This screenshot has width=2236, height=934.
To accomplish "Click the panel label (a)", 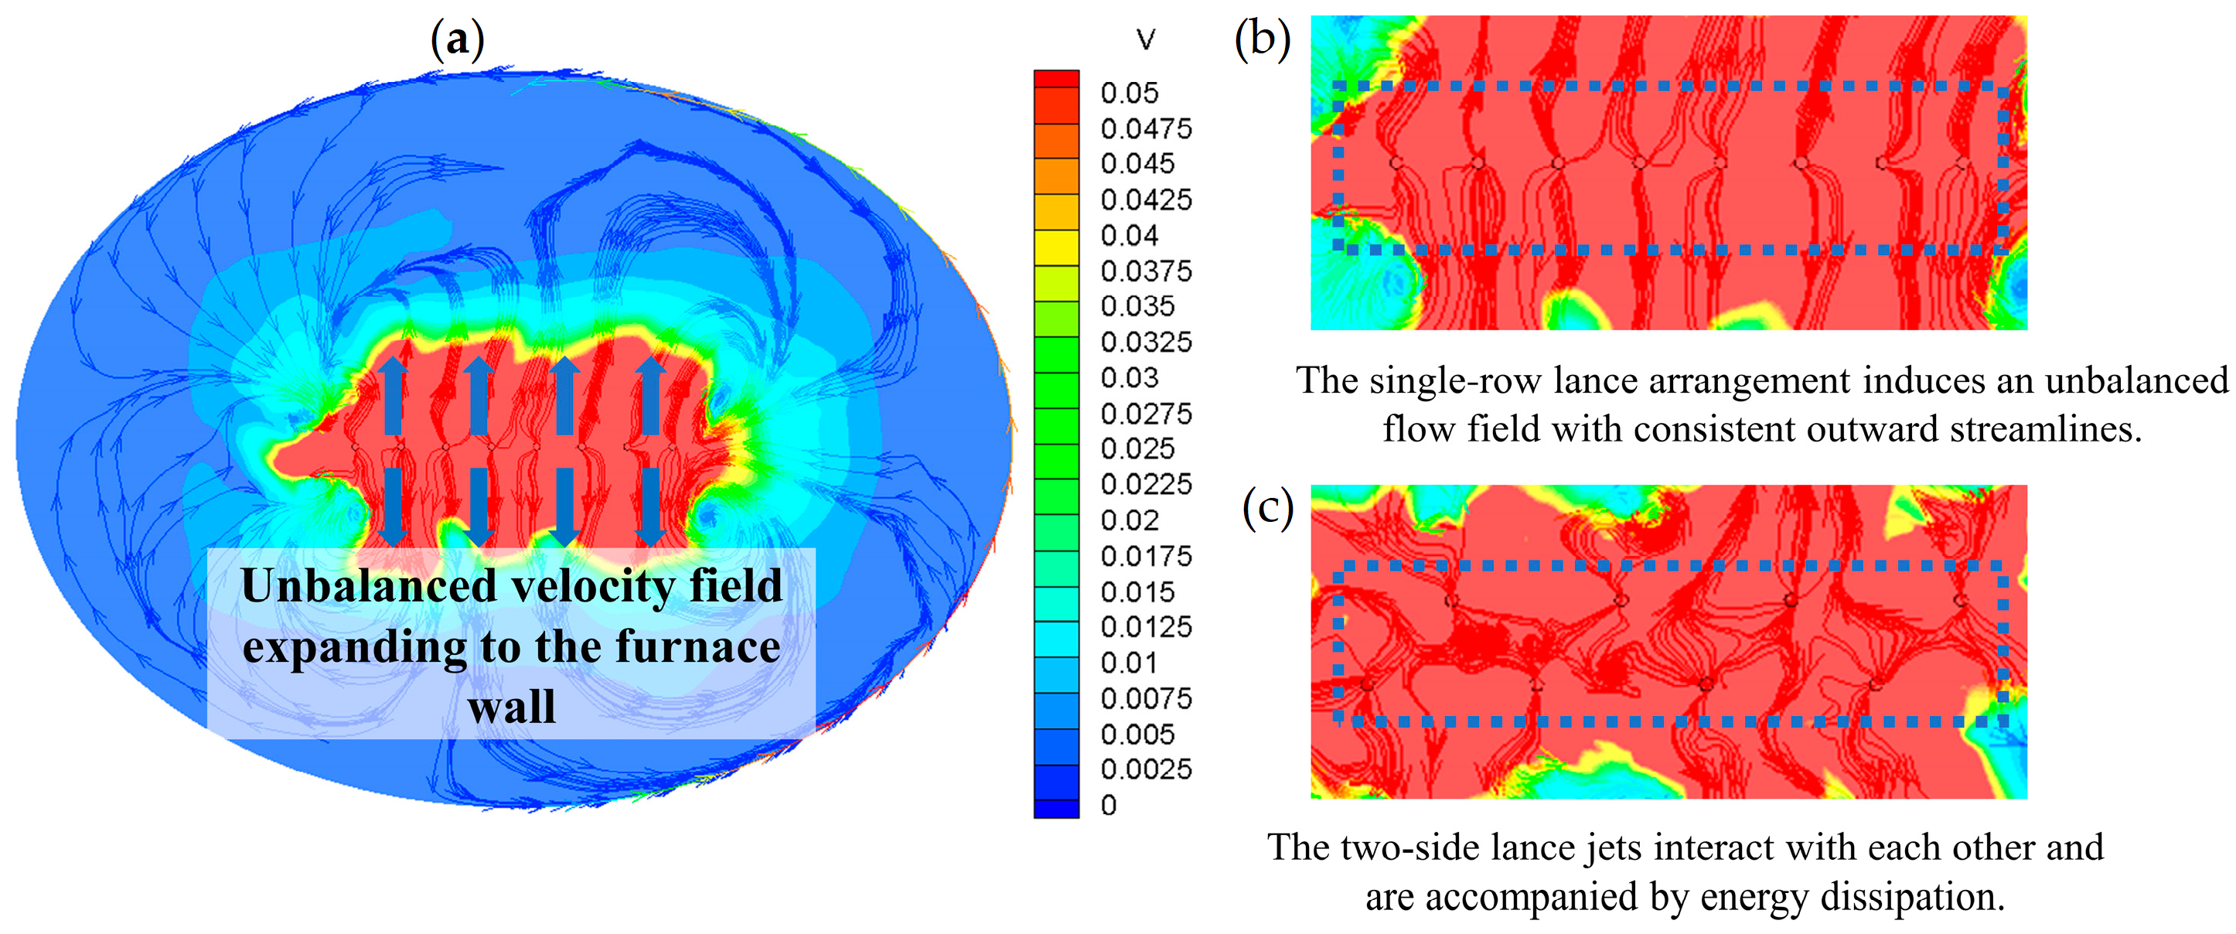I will pos(458,40).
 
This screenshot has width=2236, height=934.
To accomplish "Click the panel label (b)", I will pos(1262,39).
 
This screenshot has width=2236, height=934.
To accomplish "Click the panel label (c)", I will pos(1267,507).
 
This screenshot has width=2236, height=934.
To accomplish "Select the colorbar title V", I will pos(1146,39).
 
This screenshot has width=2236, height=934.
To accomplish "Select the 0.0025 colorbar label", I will pos(1146,769).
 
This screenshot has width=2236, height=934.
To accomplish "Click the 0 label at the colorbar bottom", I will pos(1109,806).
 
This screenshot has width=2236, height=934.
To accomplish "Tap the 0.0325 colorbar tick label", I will pos(1146,342).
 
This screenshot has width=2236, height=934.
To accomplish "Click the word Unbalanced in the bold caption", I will pos(368,586).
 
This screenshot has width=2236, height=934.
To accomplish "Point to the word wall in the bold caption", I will pos(511,707).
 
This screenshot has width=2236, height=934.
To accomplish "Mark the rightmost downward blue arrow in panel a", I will pos(650,507).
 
